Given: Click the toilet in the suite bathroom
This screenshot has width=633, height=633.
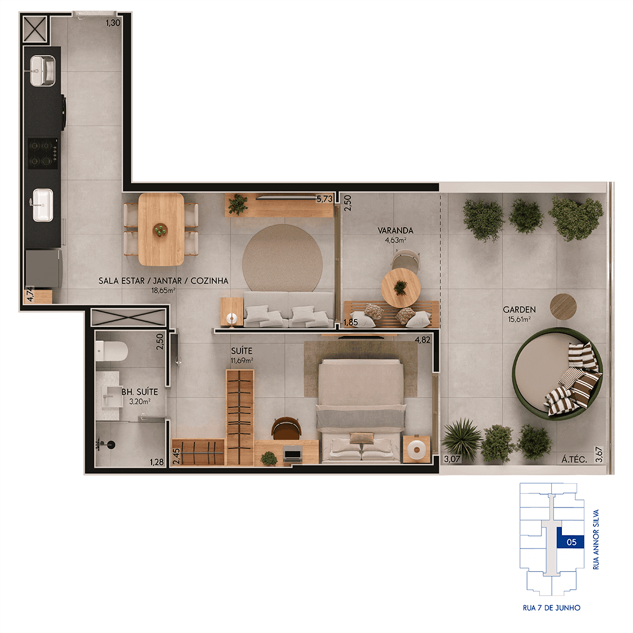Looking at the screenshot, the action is (112, 351).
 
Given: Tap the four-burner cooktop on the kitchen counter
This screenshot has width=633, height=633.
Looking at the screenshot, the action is (43, 153).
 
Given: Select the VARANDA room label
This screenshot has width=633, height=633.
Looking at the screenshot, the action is (395, 230).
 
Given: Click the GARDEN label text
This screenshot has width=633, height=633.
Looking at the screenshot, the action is (519, 310).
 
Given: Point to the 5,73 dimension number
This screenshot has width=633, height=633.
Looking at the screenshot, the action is (324, 199).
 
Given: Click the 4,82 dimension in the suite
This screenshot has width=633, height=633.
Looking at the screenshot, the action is (422, 340).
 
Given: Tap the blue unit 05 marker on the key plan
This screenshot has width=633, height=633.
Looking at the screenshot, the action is (570, 539).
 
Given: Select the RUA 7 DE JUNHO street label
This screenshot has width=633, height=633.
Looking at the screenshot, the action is (551, 607).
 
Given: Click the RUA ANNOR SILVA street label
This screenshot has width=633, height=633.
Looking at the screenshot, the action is (596, 539).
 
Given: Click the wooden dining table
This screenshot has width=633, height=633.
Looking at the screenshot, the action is (161, 229).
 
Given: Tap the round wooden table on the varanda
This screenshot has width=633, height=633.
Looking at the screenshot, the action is (400, 288).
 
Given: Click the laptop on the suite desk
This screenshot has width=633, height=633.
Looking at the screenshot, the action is (292, 454).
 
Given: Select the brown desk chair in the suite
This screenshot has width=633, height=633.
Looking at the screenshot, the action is (286, 428).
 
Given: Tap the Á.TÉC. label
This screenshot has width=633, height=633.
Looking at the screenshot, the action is (574, 459).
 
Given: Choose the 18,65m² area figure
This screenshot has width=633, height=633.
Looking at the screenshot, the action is (163, 290).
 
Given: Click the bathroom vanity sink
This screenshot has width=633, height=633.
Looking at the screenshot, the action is (113, 395).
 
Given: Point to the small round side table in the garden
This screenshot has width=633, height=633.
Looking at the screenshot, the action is (563, 307).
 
